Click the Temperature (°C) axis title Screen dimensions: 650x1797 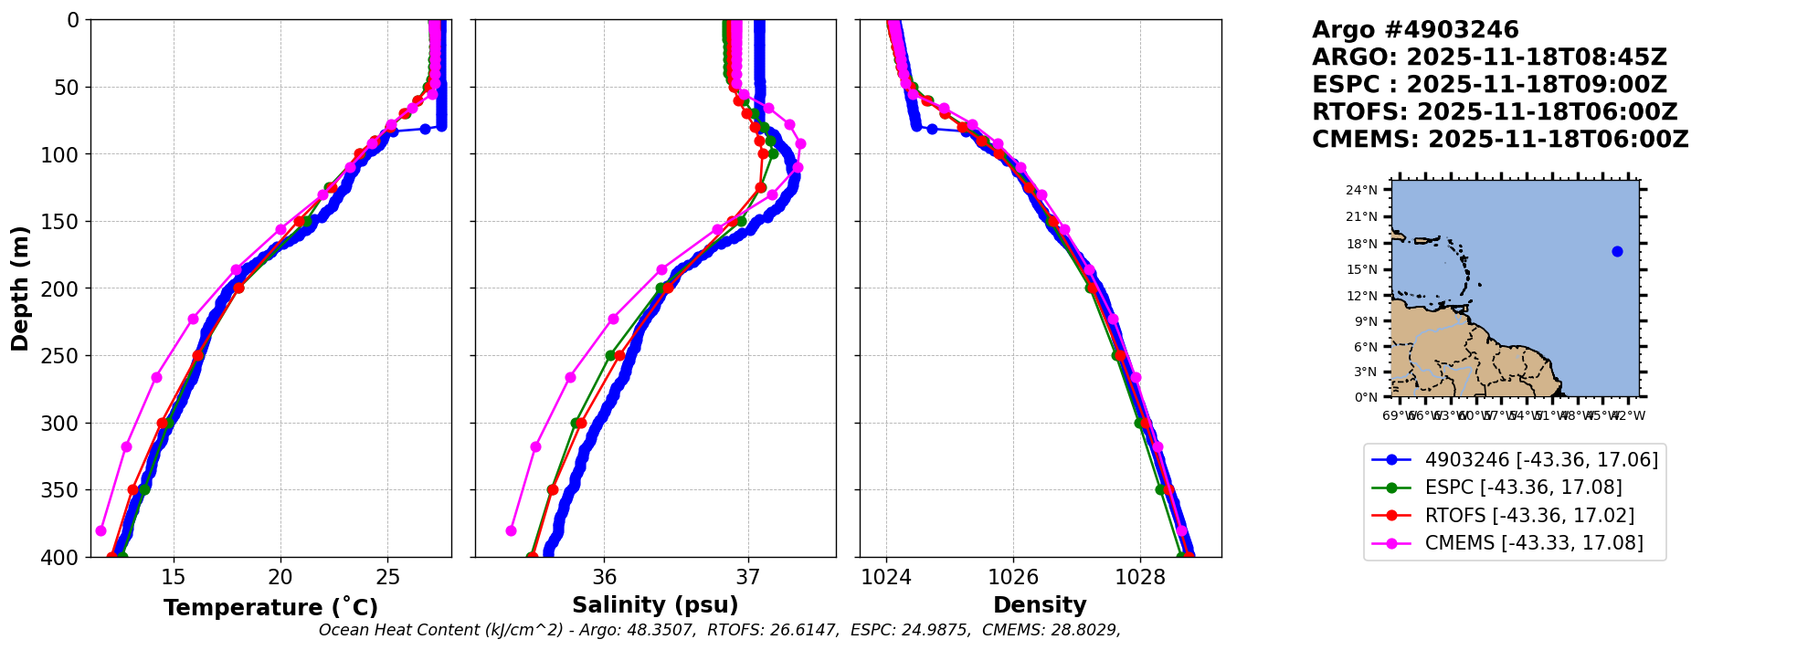pos(270,607)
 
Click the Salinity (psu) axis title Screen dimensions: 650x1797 pos(655,605)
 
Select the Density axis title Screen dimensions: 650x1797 pos(1040,605)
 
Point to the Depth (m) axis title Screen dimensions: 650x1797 pos(20,288)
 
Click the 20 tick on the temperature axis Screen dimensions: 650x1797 pos(280,577)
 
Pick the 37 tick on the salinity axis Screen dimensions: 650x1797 pos(748,577)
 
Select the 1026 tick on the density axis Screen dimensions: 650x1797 pos(1013,577)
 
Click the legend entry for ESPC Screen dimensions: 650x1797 pos(1523,487)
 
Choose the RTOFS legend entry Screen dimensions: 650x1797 pos(1529,516)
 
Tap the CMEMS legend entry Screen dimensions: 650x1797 pos(1534,543)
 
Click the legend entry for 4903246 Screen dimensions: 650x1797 pos(1541,460)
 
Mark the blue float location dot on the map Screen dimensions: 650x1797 pos(1617,251)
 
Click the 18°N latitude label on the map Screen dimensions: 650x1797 pos(1361,244)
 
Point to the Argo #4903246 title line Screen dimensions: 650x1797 pos(1415,30)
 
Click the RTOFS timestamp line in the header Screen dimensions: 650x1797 pos(1495,112)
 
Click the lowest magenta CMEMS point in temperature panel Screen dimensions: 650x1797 pos(100,530)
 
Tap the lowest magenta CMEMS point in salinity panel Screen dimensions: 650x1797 pos(511,530)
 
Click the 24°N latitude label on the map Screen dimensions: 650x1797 pos(1361,191)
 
